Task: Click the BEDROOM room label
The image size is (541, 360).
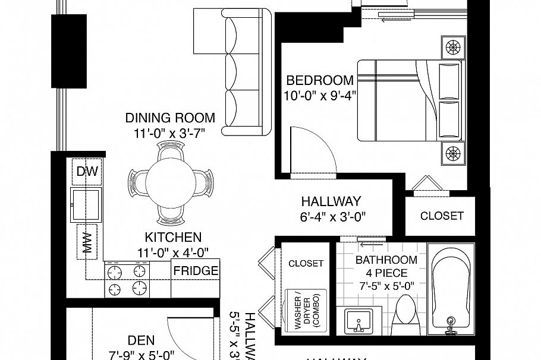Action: [x=320, y=80]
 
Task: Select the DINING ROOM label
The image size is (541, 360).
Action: [x=170, y=118]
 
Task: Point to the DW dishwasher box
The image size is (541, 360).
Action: [x=87, y=172]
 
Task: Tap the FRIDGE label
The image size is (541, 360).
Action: [x=196, y=271]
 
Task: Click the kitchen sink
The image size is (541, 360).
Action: [x=86, y=204]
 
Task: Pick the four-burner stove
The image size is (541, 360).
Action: [x=125, y=279]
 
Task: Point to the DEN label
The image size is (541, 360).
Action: [x=141, y=340]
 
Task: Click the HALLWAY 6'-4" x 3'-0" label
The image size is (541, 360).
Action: [x=331, y=208]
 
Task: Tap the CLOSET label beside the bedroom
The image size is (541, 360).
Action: [x=441, y=216]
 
